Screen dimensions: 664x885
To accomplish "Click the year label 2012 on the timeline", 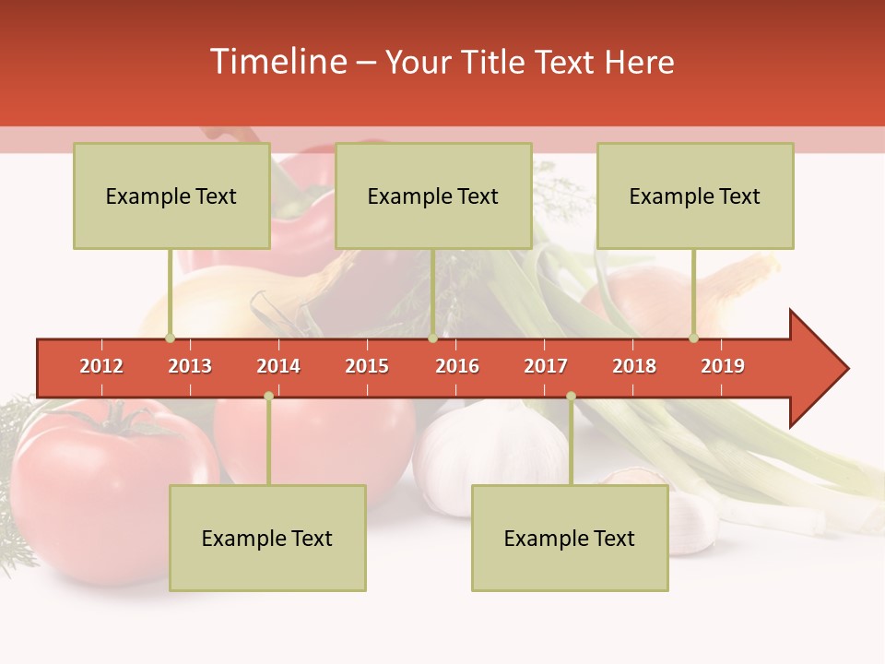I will click(x=101, y=366).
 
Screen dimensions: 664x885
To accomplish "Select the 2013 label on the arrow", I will click(x=190, y=366).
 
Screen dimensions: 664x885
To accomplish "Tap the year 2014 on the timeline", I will click(x=278, y=366).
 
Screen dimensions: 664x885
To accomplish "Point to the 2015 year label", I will click(x=367, y=366).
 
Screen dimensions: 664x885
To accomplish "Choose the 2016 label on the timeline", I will click(x=457, y=366).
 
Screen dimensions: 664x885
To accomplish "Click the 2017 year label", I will click(x=546, y=366).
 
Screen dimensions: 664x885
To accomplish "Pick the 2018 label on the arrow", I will click(x=634, y=366).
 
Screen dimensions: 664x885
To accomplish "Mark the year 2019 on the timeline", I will click(x=723, y=366).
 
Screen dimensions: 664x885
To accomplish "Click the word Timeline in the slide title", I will click(x=277, y=62).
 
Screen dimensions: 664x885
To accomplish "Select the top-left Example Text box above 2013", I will click(x=171, y=196).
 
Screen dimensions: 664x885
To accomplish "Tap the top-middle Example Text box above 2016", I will click(x=433, y=196).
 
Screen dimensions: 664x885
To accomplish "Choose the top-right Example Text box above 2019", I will click(x=695, y=196).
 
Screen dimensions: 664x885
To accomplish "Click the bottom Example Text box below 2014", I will click(x=267, y=538).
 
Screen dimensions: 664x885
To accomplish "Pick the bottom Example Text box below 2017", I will click(x=570, y=538).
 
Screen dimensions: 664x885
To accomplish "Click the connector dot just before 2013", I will click(x=170, y=338).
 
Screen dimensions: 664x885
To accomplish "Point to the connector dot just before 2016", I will click(x=432, y=338).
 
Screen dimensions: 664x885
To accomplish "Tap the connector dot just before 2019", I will click(x=694, y=338).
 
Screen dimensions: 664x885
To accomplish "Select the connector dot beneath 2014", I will click(x=268, y=396).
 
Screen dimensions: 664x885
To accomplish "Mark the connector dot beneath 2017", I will click(x=571, y=396).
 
